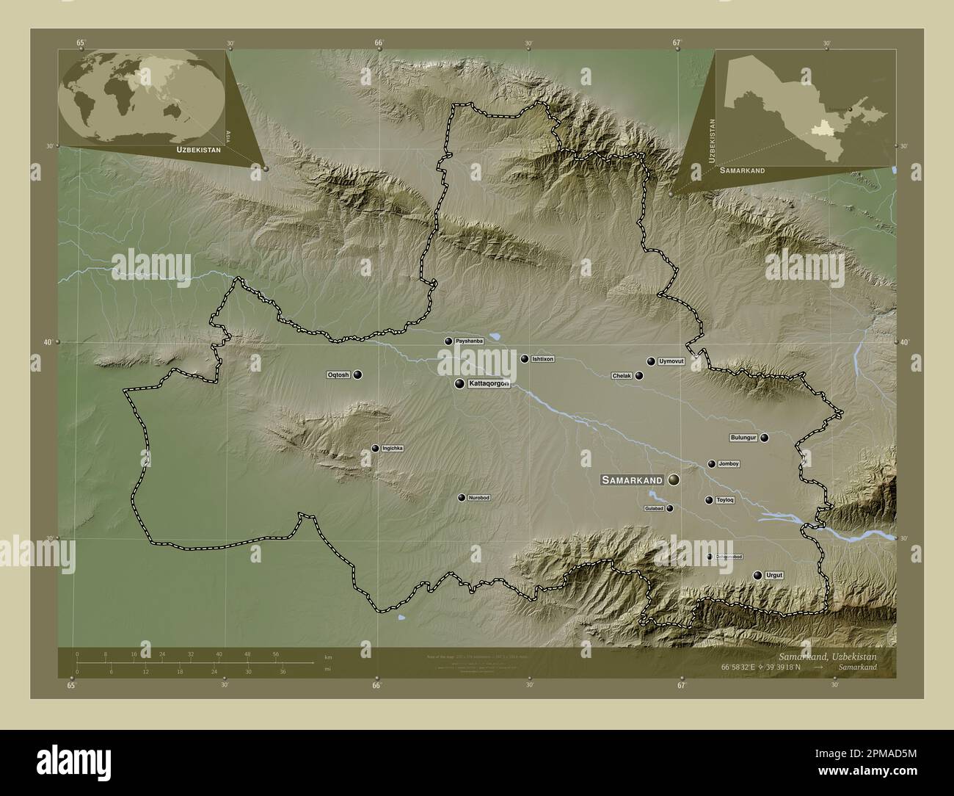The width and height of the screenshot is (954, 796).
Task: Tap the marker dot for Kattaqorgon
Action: (x=459, y=383)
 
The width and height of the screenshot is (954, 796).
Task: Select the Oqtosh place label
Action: (x=338, y=375)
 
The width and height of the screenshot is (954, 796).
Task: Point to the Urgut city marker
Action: (x=757, y=575)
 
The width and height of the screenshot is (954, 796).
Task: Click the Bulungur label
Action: (x=743, y=438)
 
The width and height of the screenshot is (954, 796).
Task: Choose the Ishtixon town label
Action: (x=542, y=359)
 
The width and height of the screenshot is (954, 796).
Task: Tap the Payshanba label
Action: (x=469, y=341)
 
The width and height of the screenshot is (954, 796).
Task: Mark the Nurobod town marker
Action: (x=462, y=498)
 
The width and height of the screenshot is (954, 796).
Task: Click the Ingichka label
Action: (x=393, y=448)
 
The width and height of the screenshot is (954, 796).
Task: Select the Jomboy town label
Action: (x=729, y=464)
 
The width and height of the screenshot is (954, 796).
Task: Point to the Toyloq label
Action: (x=724, y=500)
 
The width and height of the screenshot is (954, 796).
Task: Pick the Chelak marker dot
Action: (x=639, y=376)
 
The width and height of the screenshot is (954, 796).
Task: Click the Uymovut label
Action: (x=671, y=361)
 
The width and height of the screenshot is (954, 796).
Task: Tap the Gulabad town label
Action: (x=654, y=508)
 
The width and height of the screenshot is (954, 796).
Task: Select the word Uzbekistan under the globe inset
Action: (x=198, y=149)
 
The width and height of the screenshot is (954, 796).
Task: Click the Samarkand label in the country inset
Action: (x=742, y=170)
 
